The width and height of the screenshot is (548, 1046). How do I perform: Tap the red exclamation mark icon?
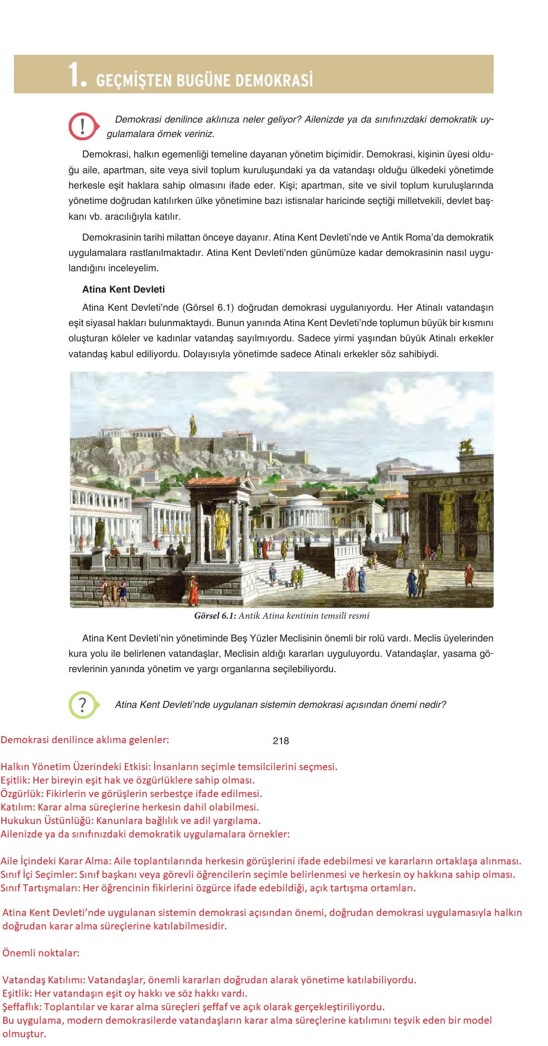click(82, 126)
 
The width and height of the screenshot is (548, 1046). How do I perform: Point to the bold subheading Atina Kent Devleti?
click(123, 289)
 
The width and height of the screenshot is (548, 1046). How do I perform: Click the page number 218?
click(281, 741)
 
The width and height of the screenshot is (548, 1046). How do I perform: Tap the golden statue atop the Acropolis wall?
click(192, 422)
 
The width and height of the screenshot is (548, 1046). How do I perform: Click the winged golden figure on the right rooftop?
click(466, 445)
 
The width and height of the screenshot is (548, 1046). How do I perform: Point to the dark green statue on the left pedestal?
click(99, 531)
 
